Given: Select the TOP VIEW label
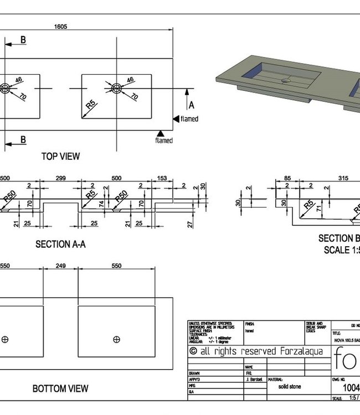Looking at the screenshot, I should coord(60,157).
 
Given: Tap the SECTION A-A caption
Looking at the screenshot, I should coord(60,243).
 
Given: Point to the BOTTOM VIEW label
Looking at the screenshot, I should coord(60,388).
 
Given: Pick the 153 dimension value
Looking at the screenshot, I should coord(162,179).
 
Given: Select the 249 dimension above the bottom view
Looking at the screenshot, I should coord(60,266).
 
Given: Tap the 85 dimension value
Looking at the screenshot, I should coord(287,179).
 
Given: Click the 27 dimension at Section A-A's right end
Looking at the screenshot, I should coord(190,225).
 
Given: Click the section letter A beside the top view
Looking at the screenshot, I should coord(192,105).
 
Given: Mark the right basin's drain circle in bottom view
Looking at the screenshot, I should coord(116,339).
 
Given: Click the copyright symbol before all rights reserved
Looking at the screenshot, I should coord(193,351).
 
